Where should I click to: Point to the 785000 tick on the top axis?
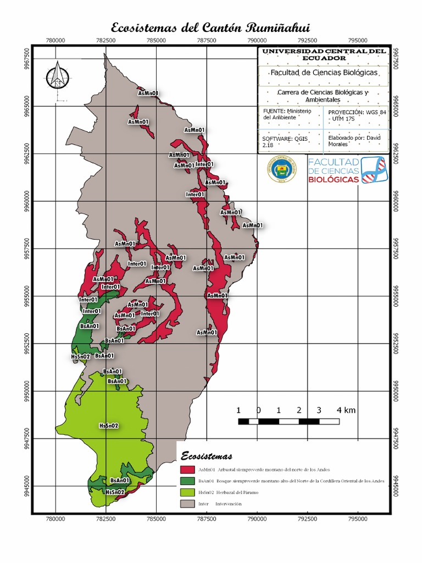tap(156, 40)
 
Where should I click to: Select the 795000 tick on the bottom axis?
tap(357, 517)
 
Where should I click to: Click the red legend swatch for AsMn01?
tap(187, 470)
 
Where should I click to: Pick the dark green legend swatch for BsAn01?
tap(187, 481)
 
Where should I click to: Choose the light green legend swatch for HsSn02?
tap(187, 493)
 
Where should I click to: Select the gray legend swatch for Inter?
tap(187, 504)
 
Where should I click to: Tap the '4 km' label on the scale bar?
tap(346, 410)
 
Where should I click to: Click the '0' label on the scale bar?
tap(258, 410)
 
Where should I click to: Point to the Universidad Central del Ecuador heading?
tap(323, 54)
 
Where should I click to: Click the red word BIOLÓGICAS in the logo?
tap(334, 179)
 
